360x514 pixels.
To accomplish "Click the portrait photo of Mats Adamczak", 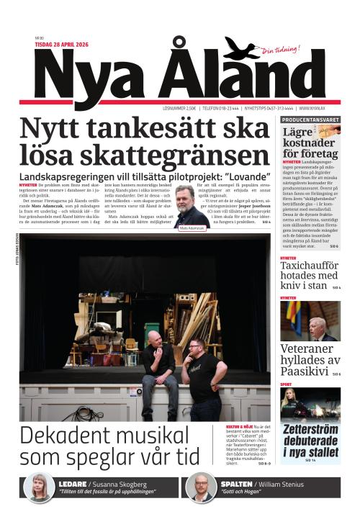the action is tap(190, 205).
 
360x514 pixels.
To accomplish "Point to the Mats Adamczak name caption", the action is tap(191, 227).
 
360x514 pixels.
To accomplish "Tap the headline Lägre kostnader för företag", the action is tap(310, 143).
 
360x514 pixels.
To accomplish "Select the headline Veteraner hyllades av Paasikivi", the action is tap(308, 360).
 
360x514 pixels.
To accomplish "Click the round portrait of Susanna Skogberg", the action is tap(38, 487).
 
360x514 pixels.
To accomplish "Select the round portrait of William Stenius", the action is tap(202, 487).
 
